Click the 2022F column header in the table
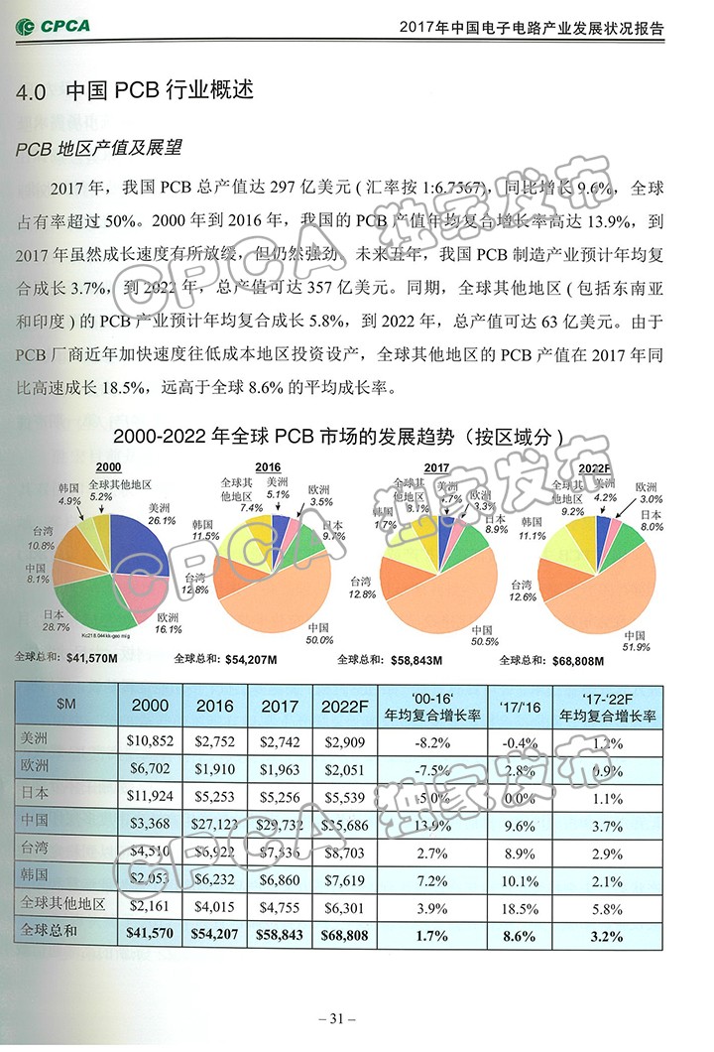pos(345,706)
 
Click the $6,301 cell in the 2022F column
pos(345,905)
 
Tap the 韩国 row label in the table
pos(39,877)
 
